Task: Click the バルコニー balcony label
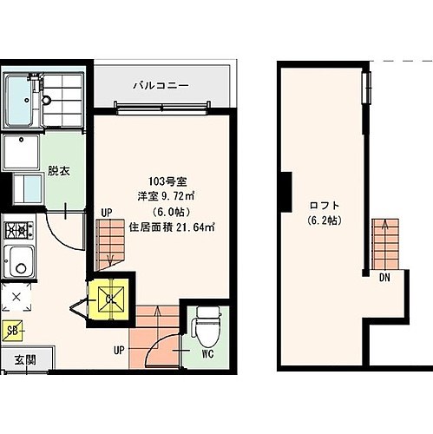[161, 86]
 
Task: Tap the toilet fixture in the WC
[208, 326]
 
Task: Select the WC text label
[207, 353]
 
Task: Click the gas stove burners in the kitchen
[19, 230]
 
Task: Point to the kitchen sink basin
[19, 261]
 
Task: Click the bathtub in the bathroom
[19, 101]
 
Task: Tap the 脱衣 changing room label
[59, 171]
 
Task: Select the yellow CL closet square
[109, 299]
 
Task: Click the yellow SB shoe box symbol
[12, 331]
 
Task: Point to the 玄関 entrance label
[25, 360]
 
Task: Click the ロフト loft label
[324, 206]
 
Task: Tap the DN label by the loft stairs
[384, 278]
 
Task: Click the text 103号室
[167, 181]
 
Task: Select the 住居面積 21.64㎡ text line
[172, 227]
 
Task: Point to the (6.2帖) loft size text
[325, 220]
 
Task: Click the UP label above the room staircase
[107, 214]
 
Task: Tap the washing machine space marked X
[16, 297]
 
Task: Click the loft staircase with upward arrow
[385, 244]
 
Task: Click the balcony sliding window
[162, 108]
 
